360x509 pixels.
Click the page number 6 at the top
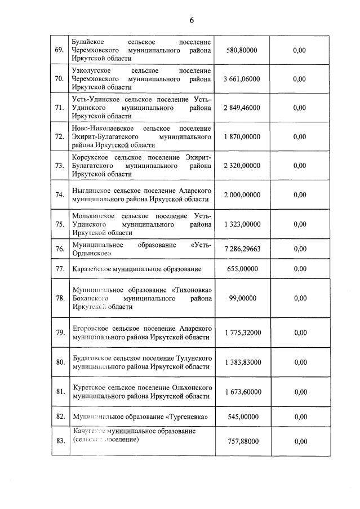[x=191, y=20]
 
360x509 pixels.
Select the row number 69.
[x=59, y=50]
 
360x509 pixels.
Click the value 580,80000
[x=242, y=50]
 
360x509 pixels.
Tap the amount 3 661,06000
[x=242, y=79]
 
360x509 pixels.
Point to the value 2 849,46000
[x=242, y=108]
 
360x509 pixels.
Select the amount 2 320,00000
[x=242, y=166]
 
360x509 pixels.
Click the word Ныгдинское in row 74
[x=92, y=190]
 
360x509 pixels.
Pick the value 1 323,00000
[x=242, y=224]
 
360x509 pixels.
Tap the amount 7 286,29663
[x=242, y=249]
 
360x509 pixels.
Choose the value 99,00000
[x=242, y=298]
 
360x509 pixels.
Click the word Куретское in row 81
[x=89, y=387]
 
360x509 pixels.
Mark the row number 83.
[x=59, y=441]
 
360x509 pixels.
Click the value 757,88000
[x=242, y=441]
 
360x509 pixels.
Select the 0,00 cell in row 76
[x=300, y=249]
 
